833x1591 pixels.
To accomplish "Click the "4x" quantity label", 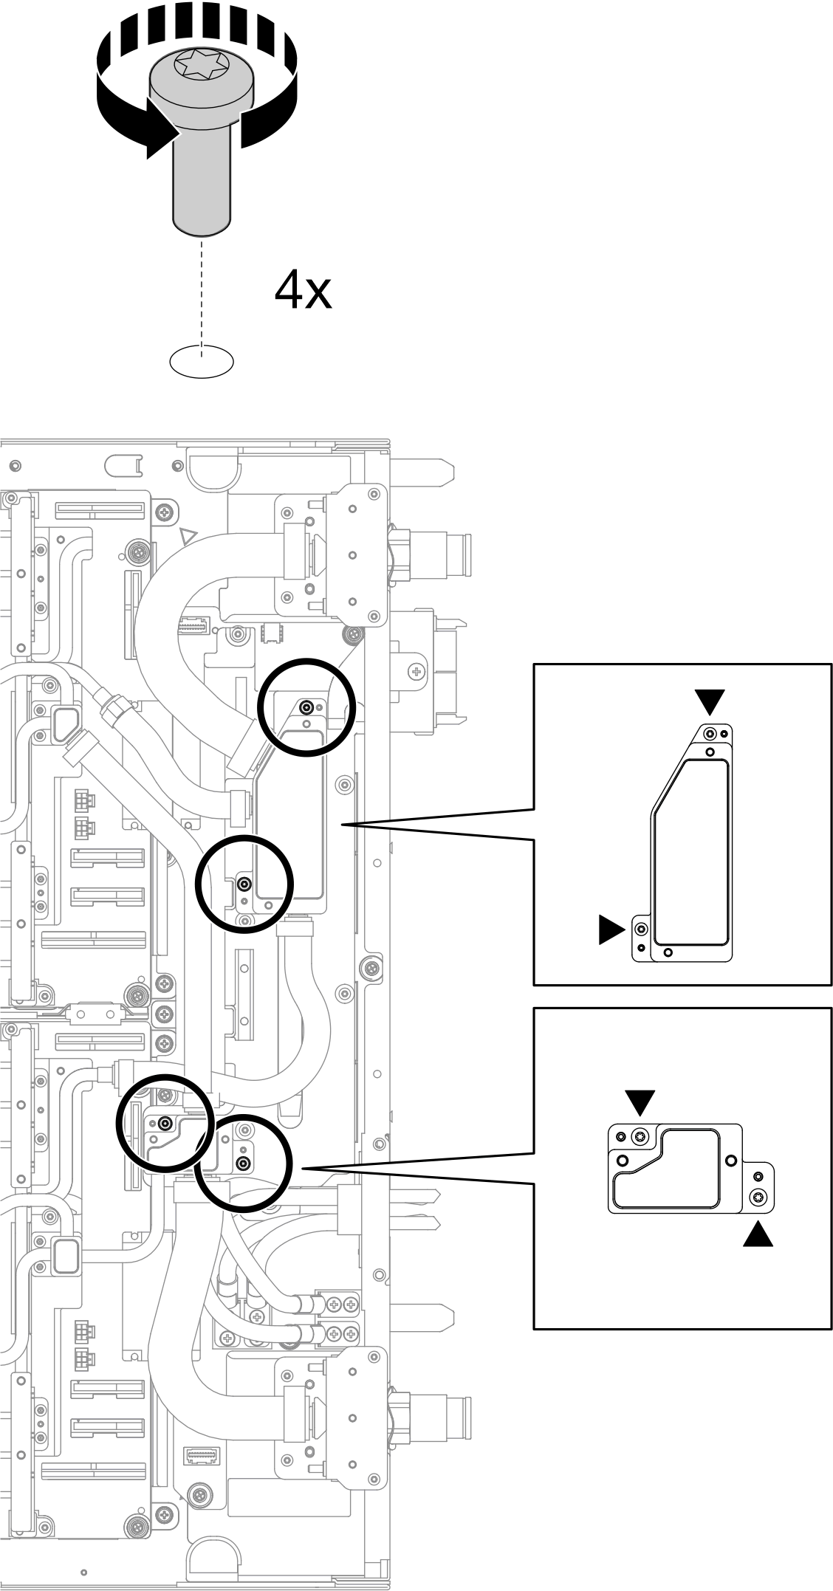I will pos(303,291).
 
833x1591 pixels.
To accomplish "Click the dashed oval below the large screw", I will pos(202,361).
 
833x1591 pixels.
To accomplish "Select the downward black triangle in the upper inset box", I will pos(710,701).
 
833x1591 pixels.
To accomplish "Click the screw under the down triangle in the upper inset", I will pos(710,734).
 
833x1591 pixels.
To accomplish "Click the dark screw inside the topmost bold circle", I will pos(306,707).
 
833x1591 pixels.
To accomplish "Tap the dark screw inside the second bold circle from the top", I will pos(245,884).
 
